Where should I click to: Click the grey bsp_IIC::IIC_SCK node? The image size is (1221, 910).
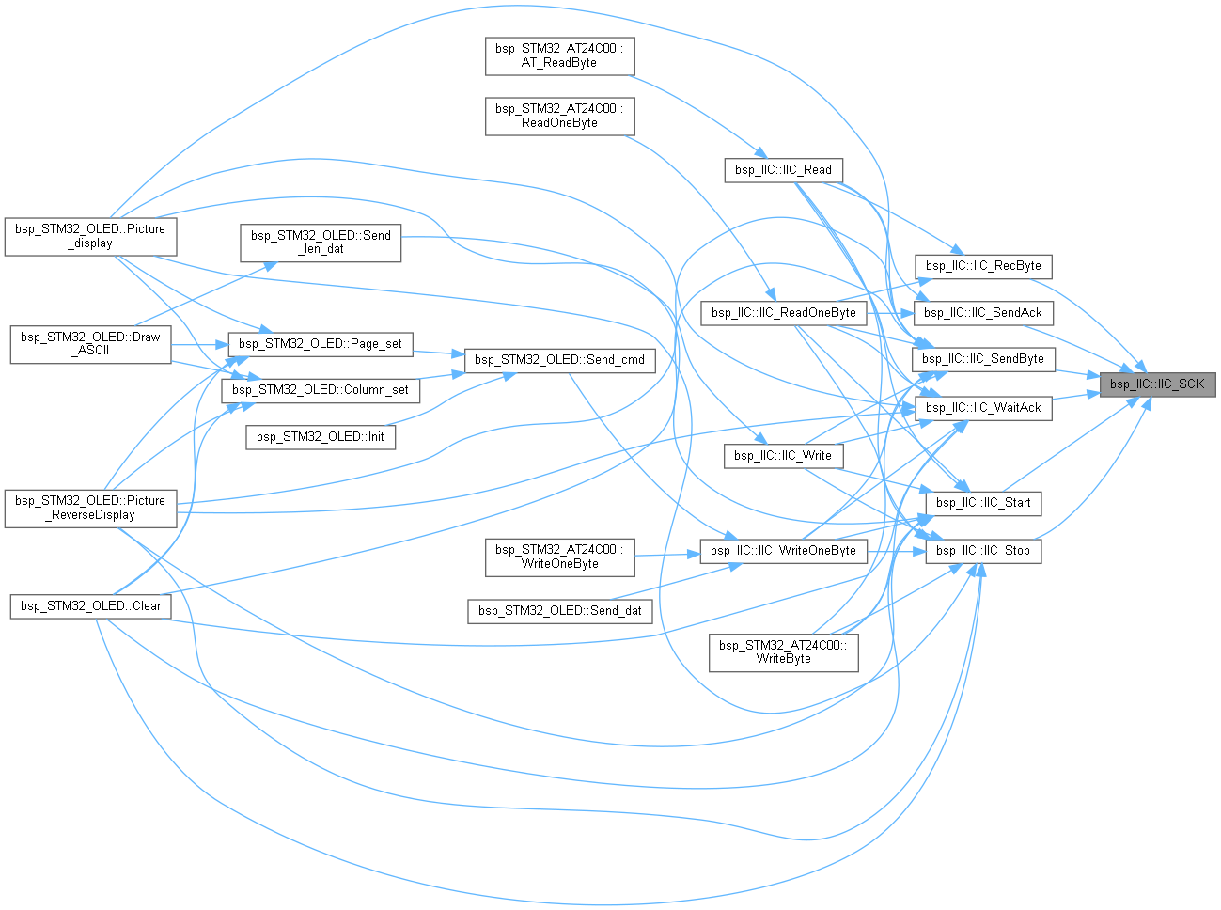(x=1157, y=384)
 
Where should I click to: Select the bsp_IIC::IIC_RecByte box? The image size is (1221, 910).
(x=983, y=266)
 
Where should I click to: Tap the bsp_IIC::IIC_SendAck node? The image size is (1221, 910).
(x=982, y=313)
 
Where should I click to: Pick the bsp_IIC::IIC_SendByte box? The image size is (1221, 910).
(x=983, y=359)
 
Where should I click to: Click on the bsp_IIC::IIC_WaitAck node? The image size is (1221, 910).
(x=983, y=408)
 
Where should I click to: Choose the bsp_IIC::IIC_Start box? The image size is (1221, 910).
(x=983, y=503)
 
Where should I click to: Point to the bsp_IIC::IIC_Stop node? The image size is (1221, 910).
(x=983, y=551)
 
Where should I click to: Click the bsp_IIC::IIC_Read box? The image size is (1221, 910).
(x=783, y=170)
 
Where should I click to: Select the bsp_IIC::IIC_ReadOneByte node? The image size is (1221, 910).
(x=783, y=313)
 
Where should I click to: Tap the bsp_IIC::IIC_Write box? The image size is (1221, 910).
(x=783, y=456)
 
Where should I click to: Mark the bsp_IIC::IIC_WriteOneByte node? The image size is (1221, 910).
(x=783, y=551)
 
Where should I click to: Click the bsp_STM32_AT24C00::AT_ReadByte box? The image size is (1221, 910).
(x=559, y=56)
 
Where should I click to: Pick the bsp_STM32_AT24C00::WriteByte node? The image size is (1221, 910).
(x=783, y=652)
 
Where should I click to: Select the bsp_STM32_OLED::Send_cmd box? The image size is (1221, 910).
(x=559, y=360)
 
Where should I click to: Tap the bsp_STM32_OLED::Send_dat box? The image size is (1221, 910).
(x=559, y=611)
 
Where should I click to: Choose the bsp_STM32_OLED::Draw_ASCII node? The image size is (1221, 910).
(x=90, y=345)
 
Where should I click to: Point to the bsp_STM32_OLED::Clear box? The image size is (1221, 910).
(x=90, y=606)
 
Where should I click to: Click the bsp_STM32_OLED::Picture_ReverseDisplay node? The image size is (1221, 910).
(x=90, y=509)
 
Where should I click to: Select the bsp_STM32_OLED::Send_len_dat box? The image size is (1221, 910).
(x=321, y=243)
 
